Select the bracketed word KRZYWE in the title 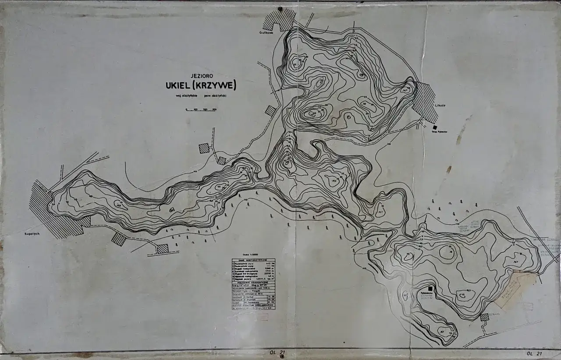point(215,84)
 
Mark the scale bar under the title point(201,109)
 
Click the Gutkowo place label point(266,32)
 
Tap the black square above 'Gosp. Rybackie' point(435,127)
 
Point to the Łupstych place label point(32,234)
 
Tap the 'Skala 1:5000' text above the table point(253,254)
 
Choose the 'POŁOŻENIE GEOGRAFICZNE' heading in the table point(253,282)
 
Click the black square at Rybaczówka point(431,289)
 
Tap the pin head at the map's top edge point(280,9)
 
